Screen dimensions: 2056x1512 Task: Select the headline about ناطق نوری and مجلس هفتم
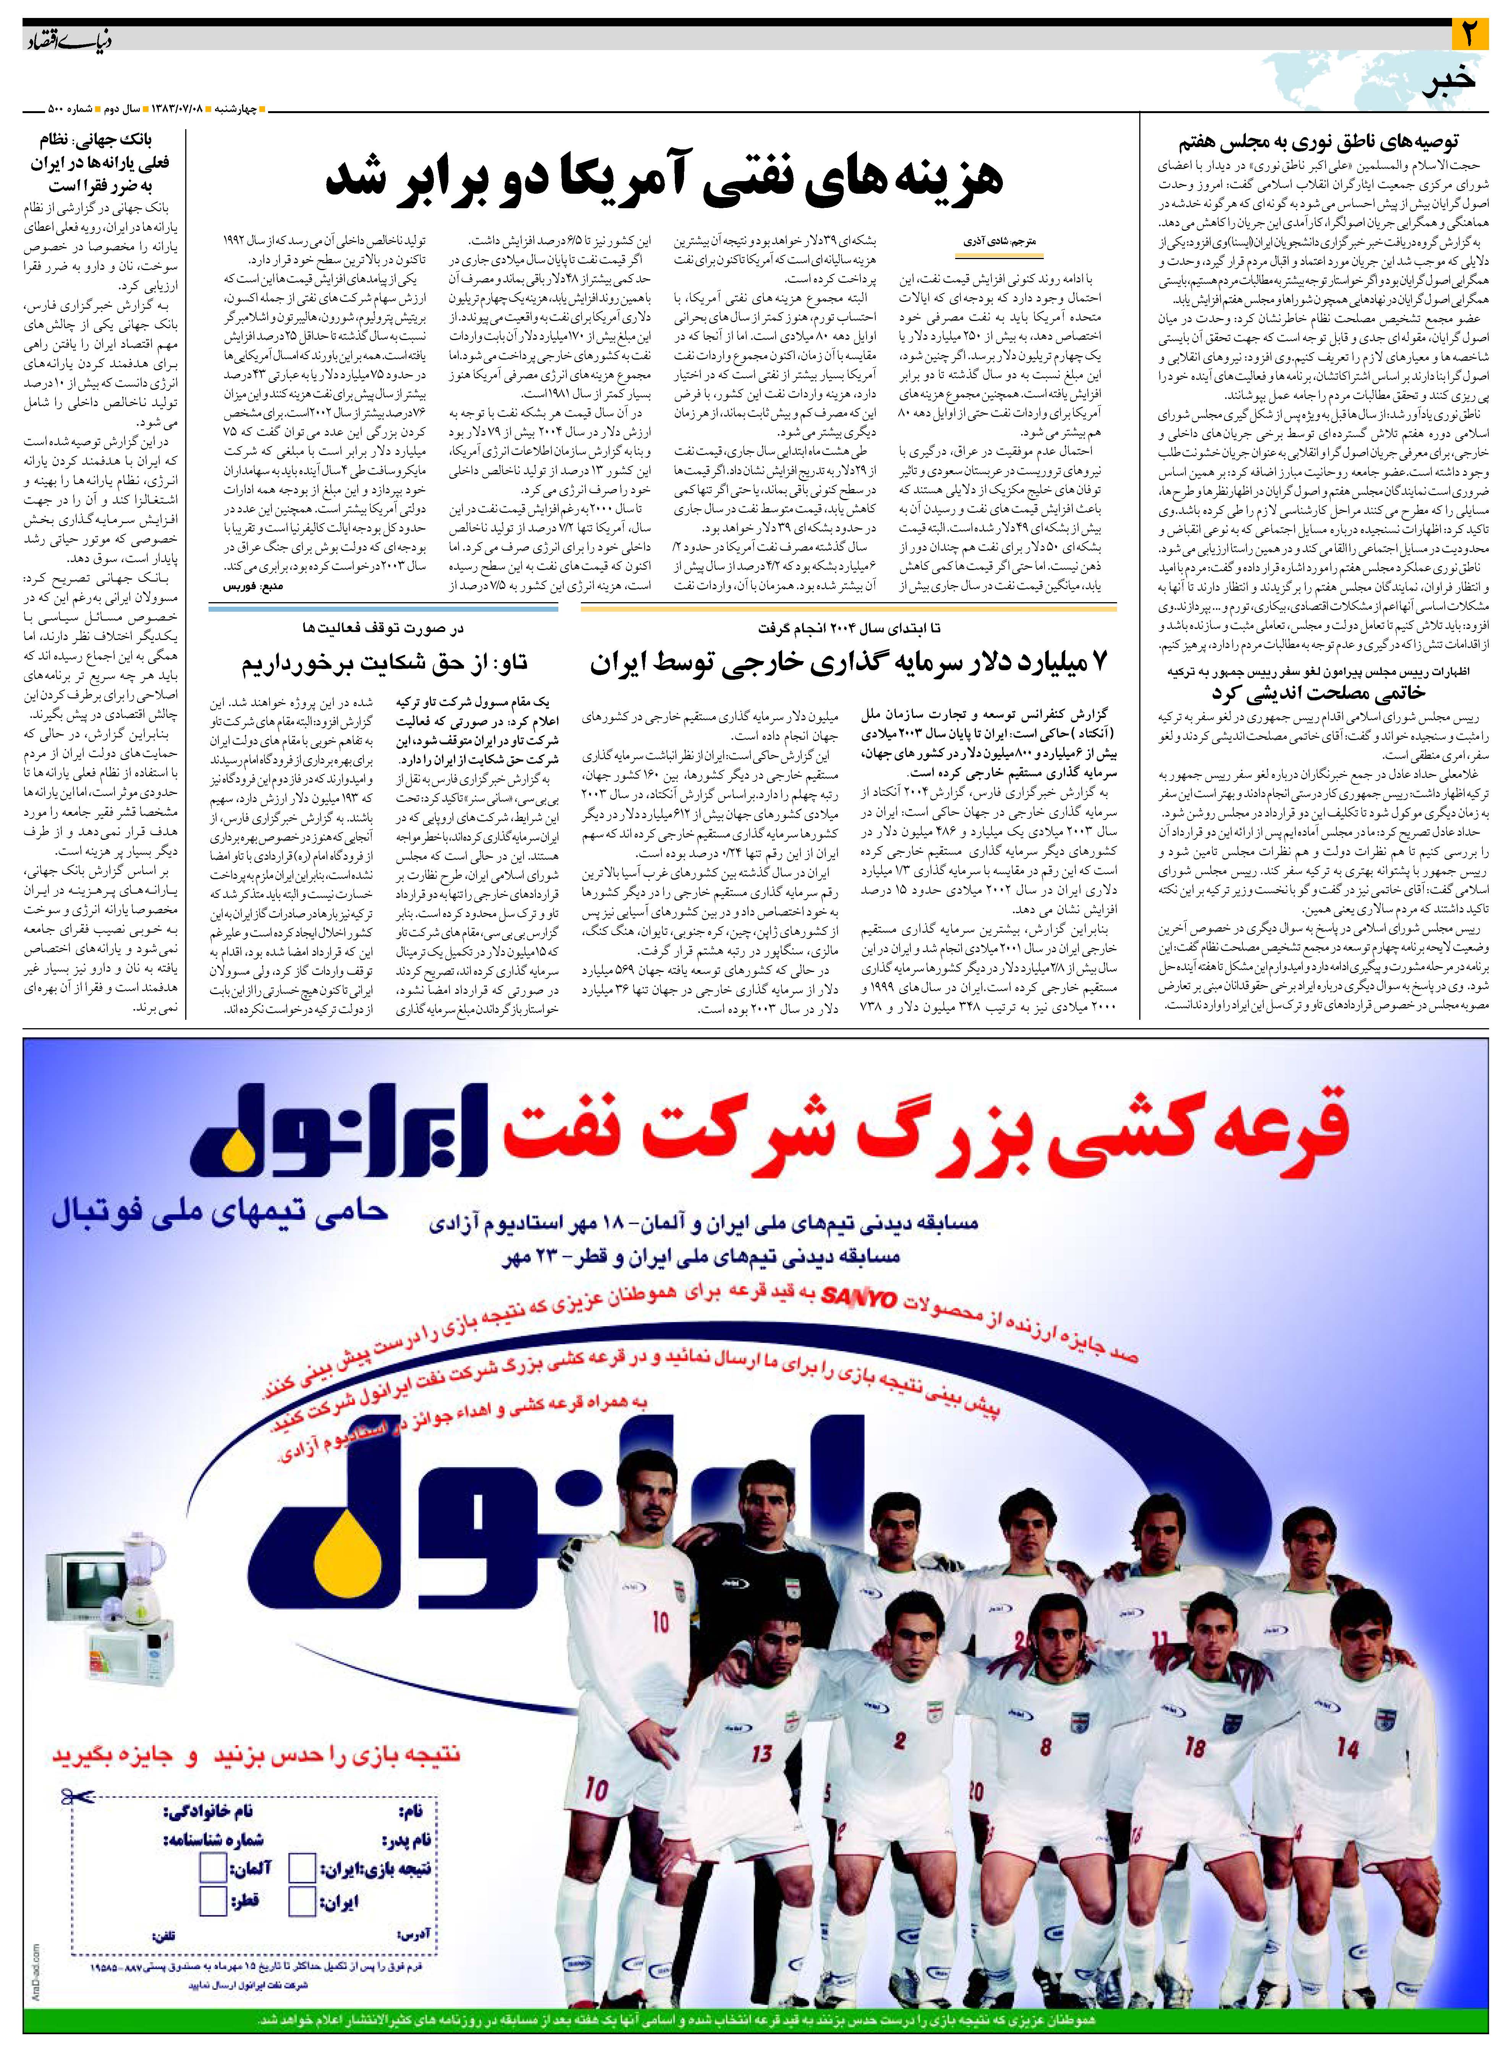[x=1318, y=142]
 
